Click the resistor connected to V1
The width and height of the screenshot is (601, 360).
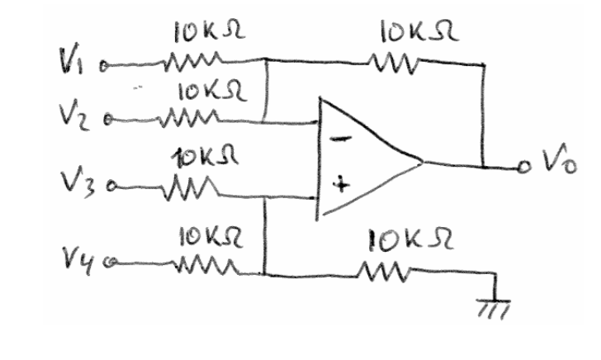(191, 59)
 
